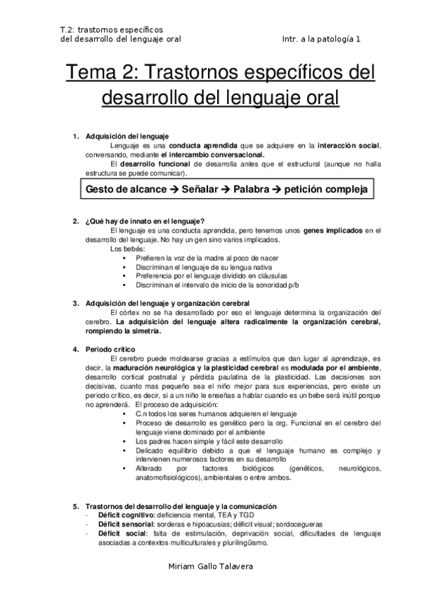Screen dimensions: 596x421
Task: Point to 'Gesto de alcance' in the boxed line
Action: point(124,190)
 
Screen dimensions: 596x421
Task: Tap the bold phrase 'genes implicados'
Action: point(335,230)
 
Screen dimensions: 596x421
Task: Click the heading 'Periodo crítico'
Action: point(110,349)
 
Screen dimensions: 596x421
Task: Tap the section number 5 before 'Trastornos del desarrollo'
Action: point(76,505)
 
